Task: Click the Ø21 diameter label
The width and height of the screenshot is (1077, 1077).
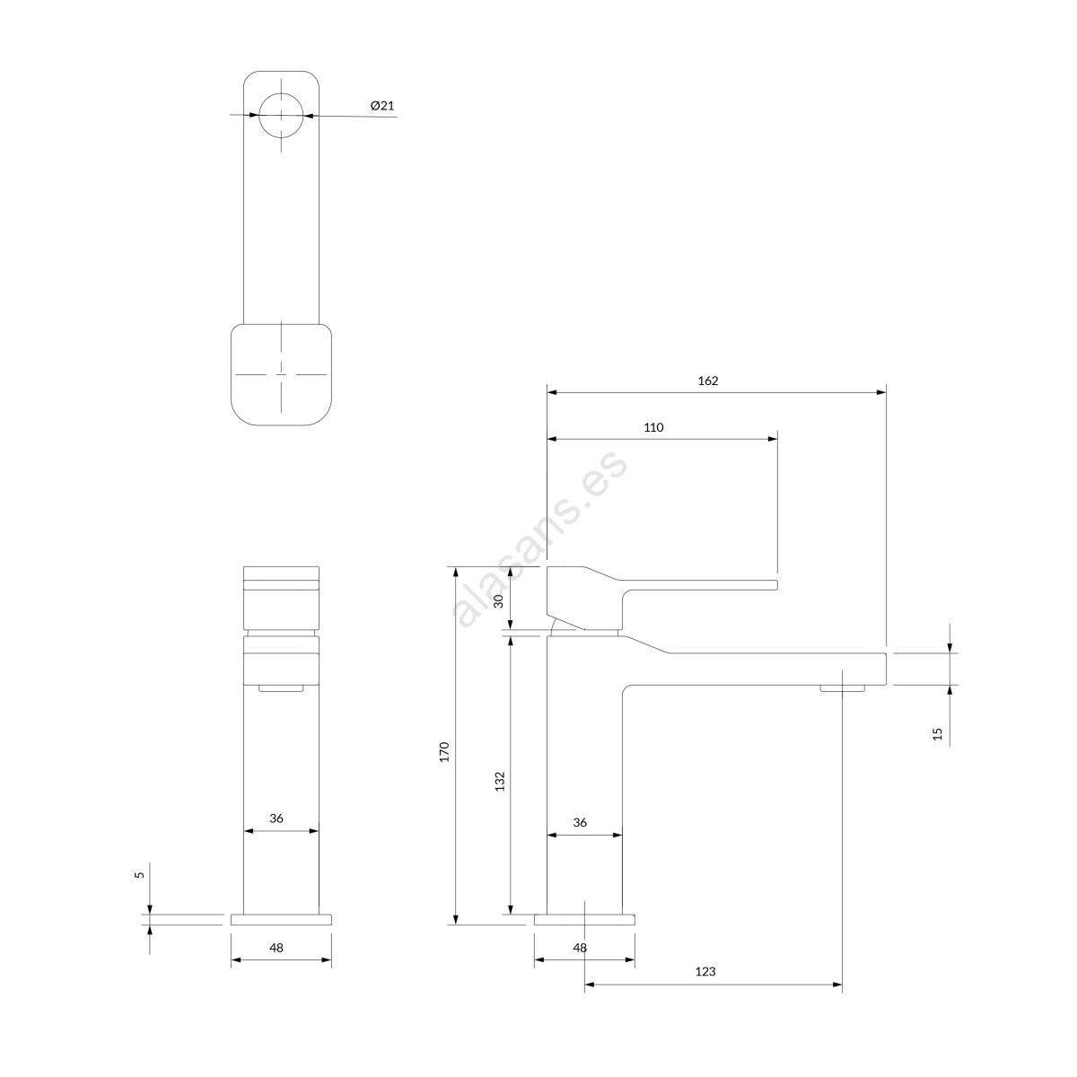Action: [382, 105]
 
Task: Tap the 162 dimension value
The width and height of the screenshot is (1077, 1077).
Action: [707, 381]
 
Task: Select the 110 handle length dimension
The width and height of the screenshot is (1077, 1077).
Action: [653, 427]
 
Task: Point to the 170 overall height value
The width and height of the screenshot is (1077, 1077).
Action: [444, 752]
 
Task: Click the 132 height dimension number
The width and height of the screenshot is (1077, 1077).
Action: [500, 782]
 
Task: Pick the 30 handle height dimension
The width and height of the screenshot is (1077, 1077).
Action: [498, 600]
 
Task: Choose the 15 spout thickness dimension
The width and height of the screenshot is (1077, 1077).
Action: [937, 734]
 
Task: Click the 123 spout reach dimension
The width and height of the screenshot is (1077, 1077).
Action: [705, 987]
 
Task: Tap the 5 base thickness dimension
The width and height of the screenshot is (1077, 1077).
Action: [139, 875]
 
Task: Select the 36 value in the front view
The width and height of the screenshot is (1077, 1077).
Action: [276, 819]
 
